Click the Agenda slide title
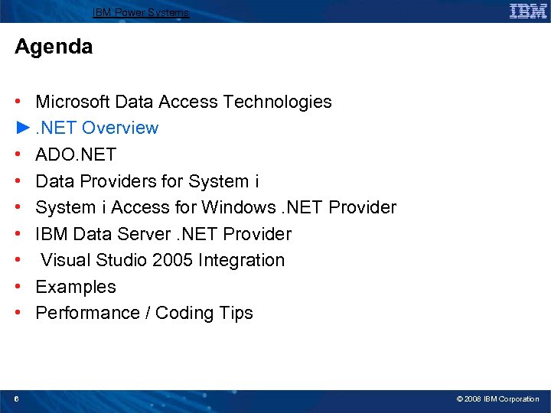point(54,47)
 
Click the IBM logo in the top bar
point(528,11)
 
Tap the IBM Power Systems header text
point(140,12)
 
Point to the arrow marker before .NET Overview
point(23,128)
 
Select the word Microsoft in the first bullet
point(73,102)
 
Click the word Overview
point(120,128)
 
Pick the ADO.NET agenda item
point(76,154)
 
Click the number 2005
point(173,260)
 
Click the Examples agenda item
point(76,287)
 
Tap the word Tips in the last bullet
point(236,313)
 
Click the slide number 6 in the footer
point(17,398)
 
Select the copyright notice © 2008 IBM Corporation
point(497,398)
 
